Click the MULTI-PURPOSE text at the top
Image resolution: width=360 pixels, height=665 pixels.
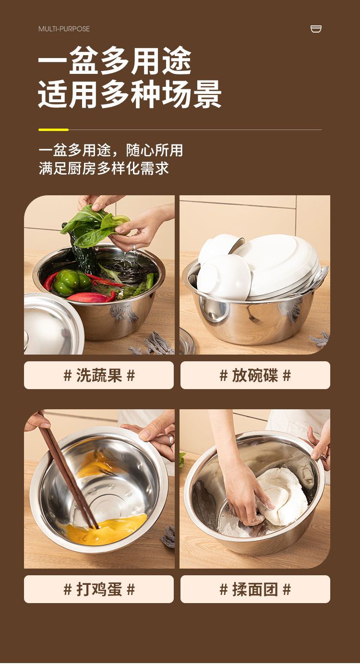pyautogui.click(x=64, y=29)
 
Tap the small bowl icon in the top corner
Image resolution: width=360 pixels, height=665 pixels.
pyautogui.click(x=316, y=29)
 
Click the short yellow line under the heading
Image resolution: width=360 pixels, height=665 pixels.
pyautogui.click(x=53, y=130)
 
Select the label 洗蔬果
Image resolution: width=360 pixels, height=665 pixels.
pyautogui.click(x=99, y=375)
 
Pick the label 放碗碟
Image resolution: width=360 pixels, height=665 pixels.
pyautogui.click(x=255, y=375)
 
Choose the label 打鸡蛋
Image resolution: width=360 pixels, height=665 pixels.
pyautogui.click(x=99, y=589)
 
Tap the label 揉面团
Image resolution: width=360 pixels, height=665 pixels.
pyautogui.click(x=255, y=589)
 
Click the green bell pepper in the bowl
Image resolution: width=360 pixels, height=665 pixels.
pyautogui.click(x=72, y=283)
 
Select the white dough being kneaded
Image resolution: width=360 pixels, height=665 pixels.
pyautogui.click(x=285, y=496)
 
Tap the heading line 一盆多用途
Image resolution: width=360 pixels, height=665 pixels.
pyautogui.click(x=115, y=61)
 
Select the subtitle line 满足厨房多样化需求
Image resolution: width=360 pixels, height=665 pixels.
pyautogui.click(x=104, y=168)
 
